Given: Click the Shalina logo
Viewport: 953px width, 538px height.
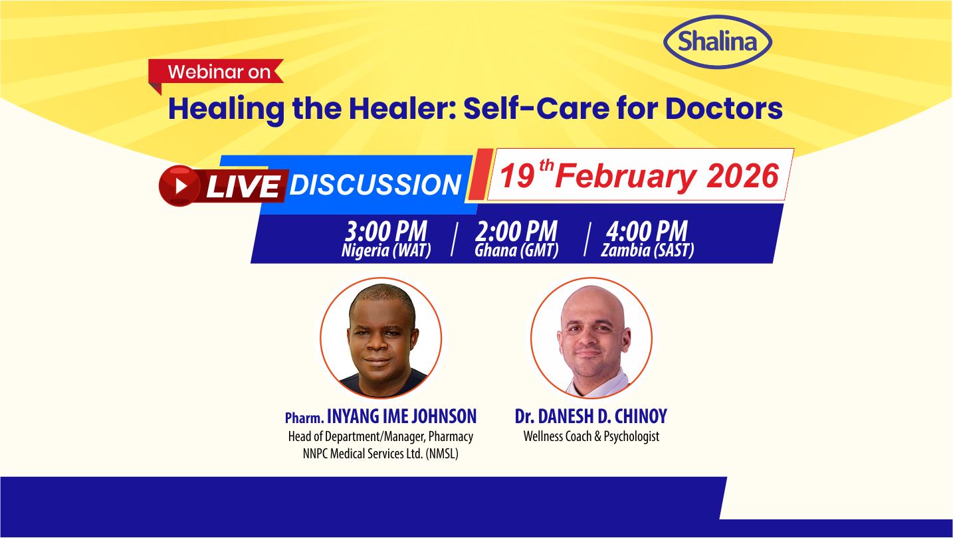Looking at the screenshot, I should click(718, 42).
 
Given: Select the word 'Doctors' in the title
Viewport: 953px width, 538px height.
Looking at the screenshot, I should click(724, 108).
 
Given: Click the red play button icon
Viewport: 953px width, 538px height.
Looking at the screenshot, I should click(179, 185).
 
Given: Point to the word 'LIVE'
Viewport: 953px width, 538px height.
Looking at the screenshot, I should click(243, 186).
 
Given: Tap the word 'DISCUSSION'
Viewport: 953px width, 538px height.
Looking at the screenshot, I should click(375, 185).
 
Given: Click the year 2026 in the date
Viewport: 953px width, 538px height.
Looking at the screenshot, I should click(742, 176).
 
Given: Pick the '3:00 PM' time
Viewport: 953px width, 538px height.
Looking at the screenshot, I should click(386, 232).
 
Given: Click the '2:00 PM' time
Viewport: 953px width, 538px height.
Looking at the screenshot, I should click(516, 232).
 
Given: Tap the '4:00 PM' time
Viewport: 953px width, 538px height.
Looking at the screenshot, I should click(647, 232).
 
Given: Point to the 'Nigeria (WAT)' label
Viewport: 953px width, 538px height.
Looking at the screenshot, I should click(386, 251).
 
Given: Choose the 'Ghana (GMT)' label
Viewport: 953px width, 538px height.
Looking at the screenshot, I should click(516, 251).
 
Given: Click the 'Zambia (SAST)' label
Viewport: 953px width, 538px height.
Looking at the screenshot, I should click(647, 251).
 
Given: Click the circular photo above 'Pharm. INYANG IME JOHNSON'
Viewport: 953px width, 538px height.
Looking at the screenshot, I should click(381, 338).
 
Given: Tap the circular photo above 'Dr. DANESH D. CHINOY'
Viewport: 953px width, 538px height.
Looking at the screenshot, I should click(591, 338).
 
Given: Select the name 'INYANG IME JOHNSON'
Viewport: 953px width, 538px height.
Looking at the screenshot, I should click(401, 416).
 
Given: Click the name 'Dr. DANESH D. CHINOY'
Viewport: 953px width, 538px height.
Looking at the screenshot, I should click(591, 416).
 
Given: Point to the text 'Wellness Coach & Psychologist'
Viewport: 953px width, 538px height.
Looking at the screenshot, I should click(591, 436).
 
